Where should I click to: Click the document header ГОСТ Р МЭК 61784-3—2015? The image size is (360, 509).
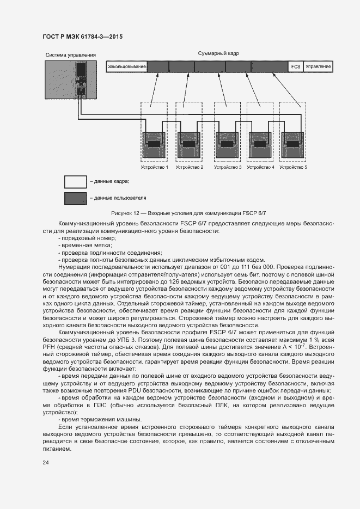click(x=82, y=37)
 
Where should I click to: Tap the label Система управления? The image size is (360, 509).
click(x=70, y=54)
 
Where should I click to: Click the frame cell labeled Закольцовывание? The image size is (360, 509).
click(x=127, y=66)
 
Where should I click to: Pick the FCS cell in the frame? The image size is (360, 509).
click(x=296, y=66)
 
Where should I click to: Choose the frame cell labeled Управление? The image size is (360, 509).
click(x=318, y=66)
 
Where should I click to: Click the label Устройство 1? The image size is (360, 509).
click(x=155, y=167)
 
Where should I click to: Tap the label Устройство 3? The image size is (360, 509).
click(x=228, y=167)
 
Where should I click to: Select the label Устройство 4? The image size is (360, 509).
click(x=260, y=167)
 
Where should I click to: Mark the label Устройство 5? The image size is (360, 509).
click(x=293, y=167)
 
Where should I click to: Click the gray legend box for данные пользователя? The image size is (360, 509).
click(x=75, y=198)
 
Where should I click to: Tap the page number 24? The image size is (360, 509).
click(x=46, y=462)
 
